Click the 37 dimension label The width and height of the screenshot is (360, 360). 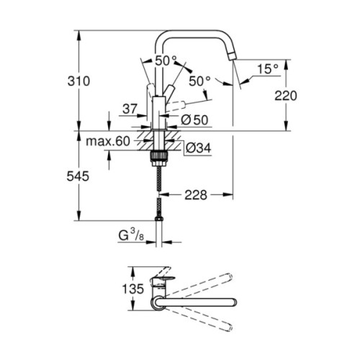tap(129, 108)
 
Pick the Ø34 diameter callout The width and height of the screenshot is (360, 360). tap(196, 148)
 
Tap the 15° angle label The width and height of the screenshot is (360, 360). tap(268, 69)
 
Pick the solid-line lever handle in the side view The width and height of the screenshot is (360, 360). tap(150, 92)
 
